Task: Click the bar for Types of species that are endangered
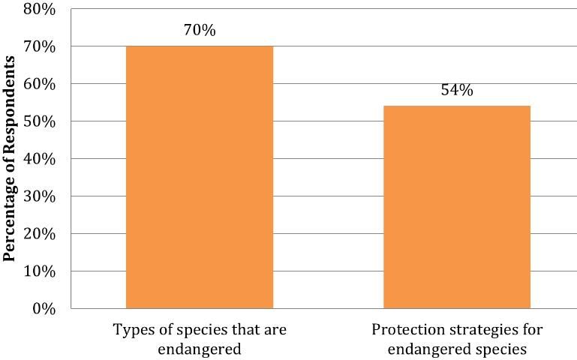click(x=200, y=177)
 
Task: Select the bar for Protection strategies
click(x=456, y=207)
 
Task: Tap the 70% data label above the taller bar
click(x=199, y=31)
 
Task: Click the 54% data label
click(x=456, y=91)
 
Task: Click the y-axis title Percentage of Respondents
click(x=11, y=160)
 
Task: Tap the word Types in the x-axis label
click(x=130, y=330)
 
